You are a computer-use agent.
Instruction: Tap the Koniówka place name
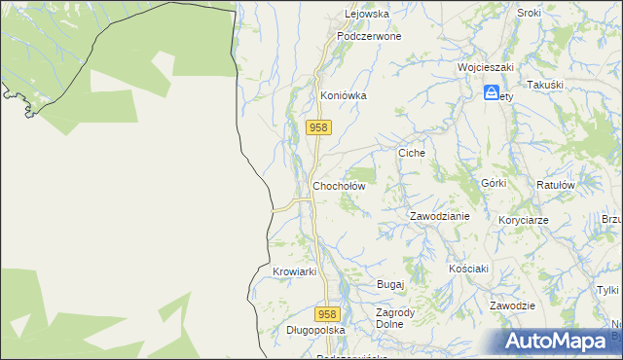pos(344,96)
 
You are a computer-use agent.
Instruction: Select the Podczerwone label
pos(369,35)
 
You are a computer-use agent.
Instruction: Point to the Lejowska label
pos(367,14)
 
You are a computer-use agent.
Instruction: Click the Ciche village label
pos(413,154)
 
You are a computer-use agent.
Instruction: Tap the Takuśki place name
pos(545,86)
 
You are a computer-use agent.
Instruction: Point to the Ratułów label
pos(557,184)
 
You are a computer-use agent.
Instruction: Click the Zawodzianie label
pos(439,216)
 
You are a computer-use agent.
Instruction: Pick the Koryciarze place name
pos(524,220)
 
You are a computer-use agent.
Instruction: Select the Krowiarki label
pos(295,271)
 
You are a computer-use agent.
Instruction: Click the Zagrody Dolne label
pos(396,318)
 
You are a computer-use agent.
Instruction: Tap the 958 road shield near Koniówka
pos(319,127)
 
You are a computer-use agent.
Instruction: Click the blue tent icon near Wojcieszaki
pos(493,93)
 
